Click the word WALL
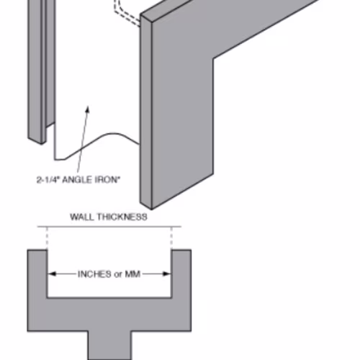click(82, 217)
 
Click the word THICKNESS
click(122, 217)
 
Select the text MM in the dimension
click(132, 274)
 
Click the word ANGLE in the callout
click(77, 180)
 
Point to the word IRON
click(107, 180)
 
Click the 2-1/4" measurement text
click(48, 180)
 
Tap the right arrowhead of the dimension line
click(166, 274)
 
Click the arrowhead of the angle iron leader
click(88, 109)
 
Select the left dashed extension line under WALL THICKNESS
click(47, 238)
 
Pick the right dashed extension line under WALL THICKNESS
click(171, 238)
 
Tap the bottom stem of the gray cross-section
click(109, 346)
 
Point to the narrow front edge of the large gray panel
click(145, 112)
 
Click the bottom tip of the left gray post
click(41, 143)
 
